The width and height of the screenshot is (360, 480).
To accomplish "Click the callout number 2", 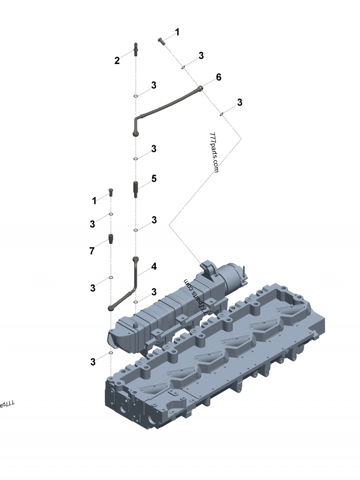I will pos(117,61).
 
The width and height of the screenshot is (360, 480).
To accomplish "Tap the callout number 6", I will pos(218,77).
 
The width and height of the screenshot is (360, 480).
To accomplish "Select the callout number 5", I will pos(154,179).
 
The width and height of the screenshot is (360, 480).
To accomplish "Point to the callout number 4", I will pos(154,267).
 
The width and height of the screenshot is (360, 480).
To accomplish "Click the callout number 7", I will pos(92,251).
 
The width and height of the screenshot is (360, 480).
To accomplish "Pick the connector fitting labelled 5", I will pos(135,188).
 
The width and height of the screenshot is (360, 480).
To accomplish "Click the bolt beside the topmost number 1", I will pos(162,41).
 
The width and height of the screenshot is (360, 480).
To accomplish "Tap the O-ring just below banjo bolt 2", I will pos(135,96).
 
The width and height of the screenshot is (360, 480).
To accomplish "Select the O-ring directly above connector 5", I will pos(135,158).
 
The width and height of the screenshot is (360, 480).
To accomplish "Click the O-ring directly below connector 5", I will pos(135,230).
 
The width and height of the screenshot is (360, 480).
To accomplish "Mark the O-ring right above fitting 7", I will pos(111,214).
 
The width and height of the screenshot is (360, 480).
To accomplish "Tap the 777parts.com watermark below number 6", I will pos(214,153).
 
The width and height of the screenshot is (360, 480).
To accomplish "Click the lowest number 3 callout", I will pos(93,362).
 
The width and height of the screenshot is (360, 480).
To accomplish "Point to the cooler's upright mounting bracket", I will pos(208,268).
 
